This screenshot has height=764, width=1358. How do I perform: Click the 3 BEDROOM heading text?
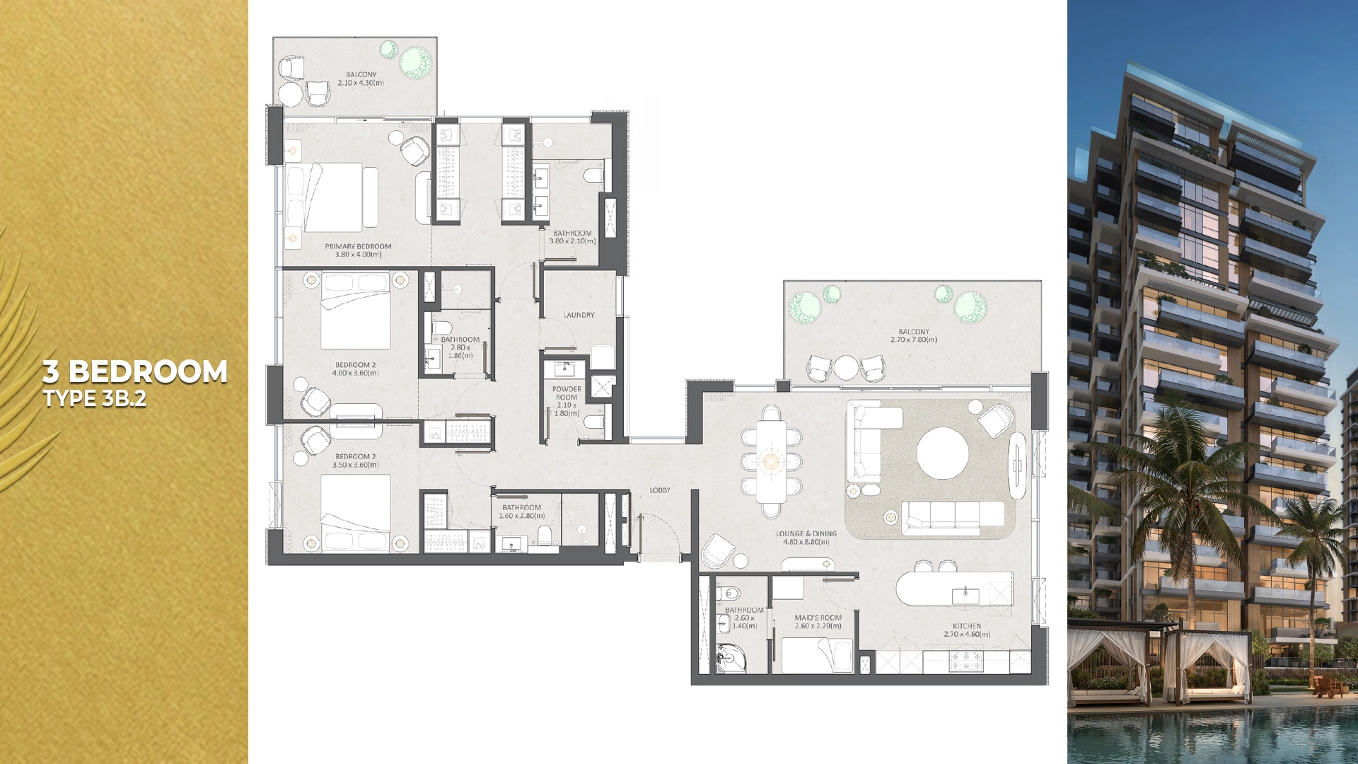135,372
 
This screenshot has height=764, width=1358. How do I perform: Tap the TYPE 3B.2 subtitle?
95,399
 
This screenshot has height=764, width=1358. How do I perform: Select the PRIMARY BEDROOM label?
358,246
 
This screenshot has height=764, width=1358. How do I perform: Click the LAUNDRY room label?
579,315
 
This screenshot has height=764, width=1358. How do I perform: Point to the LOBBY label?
660,490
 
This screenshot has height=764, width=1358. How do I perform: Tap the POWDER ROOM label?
567,393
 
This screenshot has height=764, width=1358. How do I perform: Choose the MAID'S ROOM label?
818,618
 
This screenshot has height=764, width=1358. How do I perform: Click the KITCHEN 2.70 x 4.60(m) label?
966,630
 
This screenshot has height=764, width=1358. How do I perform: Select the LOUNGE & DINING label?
806,534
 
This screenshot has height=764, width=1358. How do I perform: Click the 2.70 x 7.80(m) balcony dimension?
913,340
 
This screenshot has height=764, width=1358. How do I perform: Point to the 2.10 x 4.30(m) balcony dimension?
361,83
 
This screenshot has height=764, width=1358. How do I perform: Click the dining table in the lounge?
771,461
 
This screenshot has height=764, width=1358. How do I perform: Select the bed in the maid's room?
817,654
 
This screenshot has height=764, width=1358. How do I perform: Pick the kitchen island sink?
965,596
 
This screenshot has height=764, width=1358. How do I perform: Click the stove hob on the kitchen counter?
965,661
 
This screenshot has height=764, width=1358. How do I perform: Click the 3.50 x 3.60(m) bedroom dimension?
355,465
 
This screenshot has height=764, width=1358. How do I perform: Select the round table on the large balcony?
846,367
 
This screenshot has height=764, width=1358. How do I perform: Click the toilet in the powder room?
595,423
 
